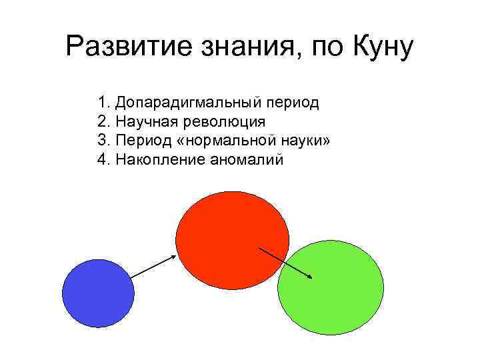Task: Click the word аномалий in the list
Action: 247,160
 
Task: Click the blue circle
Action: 98,293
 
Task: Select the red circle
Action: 227,233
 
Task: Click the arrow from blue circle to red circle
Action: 153,265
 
